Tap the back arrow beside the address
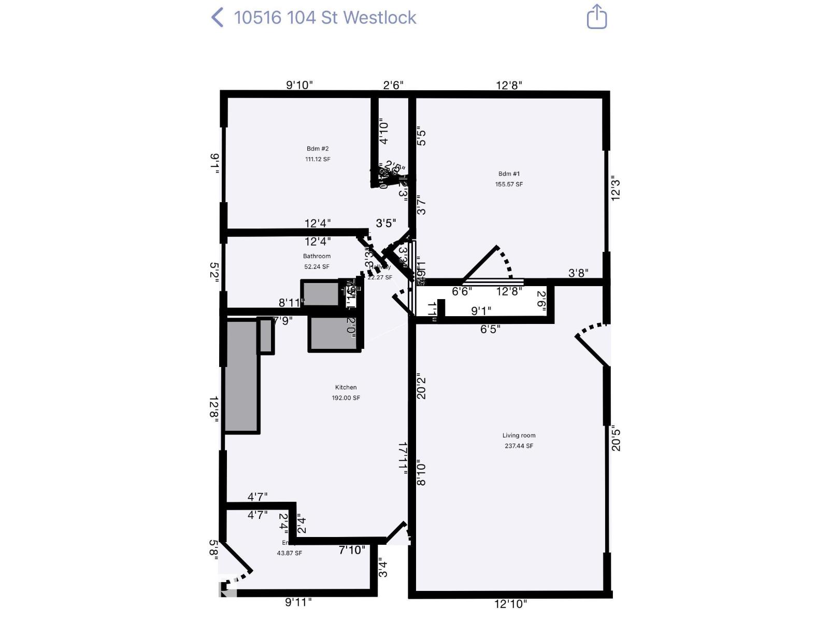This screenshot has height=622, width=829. [218, 18]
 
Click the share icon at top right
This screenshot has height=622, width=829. [596, 17]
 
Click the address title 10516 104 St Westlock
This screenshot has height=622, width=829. [325, 18]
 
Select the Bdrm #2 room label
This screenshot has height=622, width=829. [318, 149]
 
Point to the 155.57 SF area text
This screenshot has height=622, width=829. [509, 184]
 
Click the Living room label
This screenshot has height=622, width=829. [519, 435]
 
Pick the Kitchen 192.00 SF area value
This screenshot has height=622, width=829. [346, 398]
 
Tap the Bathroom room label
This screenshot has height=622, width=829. [317, 256]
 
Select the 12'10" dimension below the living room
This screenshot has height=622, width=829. [510, 604]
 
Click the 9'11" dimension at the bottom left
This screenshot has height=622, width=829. [298, 602]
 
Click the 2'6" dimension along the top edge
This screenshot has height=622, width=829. [393, 85]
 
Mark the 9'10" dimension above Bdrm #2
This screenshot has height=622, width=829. [299, 85]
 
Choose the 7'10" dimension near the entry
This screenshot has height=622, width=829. [352, 550]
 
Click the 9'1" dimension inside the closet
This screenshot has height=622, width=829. [481, 311]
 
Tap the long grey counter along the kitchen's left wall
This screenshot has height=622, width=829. [242, 376]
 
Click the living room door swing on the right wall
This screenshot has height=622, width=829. [593, 345]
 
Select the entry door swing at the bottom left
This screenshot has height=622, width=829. [236, 565]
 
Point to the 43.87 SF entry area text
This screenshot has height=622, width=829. [289, 553]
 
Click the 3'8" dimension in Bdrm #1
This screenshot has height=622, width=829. [578, 273]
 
